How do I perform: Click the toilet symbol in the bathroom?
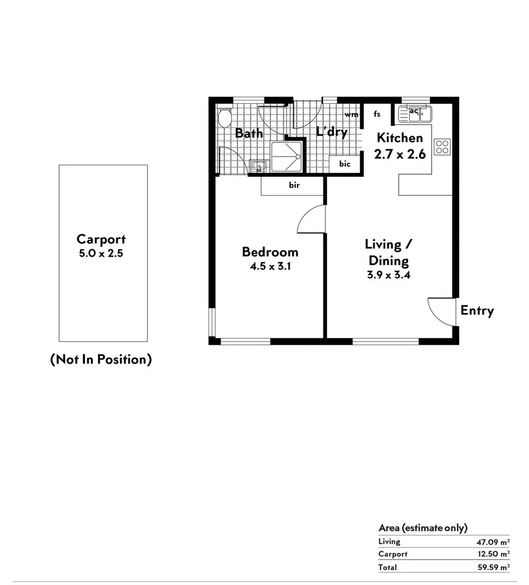[x=224, y=116]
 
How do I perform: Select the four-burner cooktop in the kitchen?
[x=442, y=147]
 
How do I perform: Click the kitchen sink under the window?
[x=415, y=114]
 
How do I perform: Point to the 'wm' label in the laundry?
[x=351, y=115]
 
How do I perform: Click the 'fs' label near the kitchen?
[x=377, y=114]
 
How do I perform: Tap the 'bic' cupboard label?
[x=345, y=164]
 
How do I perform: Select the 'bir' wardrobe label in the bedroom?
[x=294, y=185]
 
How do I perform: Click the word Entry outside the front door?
[x=477, y=311]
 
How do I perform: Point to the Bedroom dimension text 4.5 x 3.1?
[x=270, y=266]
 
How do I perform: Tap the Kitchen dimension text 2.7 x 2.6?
[x=400, y=154]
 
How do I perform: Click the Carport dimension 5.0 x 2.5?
[x=101, y=253]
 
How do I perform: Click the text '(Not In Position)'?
[x=101, y=359]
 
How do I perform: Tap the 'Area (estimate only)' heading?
[x=423, y=528]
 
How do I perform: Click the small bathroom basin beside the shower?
[x=258, y=166]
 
